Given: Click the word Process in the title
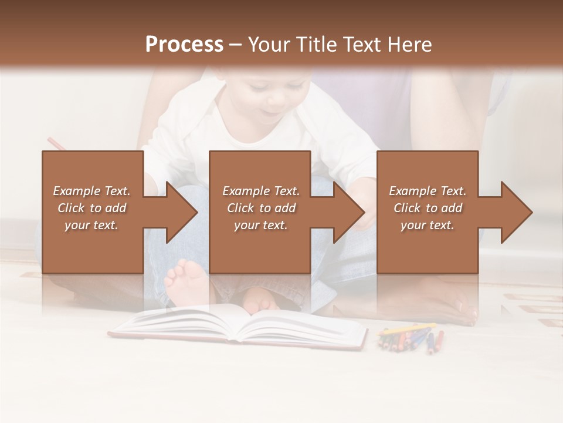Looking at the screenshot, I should [184, 45].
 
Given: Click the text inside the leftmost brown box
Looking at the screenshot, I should [91, 208].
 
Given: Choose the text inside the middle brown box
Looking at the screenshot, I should [260, 208].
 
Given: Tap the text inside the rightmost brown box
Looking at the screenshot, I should [428, 208].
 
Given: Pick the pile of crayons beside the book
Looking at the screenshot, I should [411, 338].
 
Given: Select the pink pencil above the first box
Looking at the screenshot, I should [56, 143].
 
